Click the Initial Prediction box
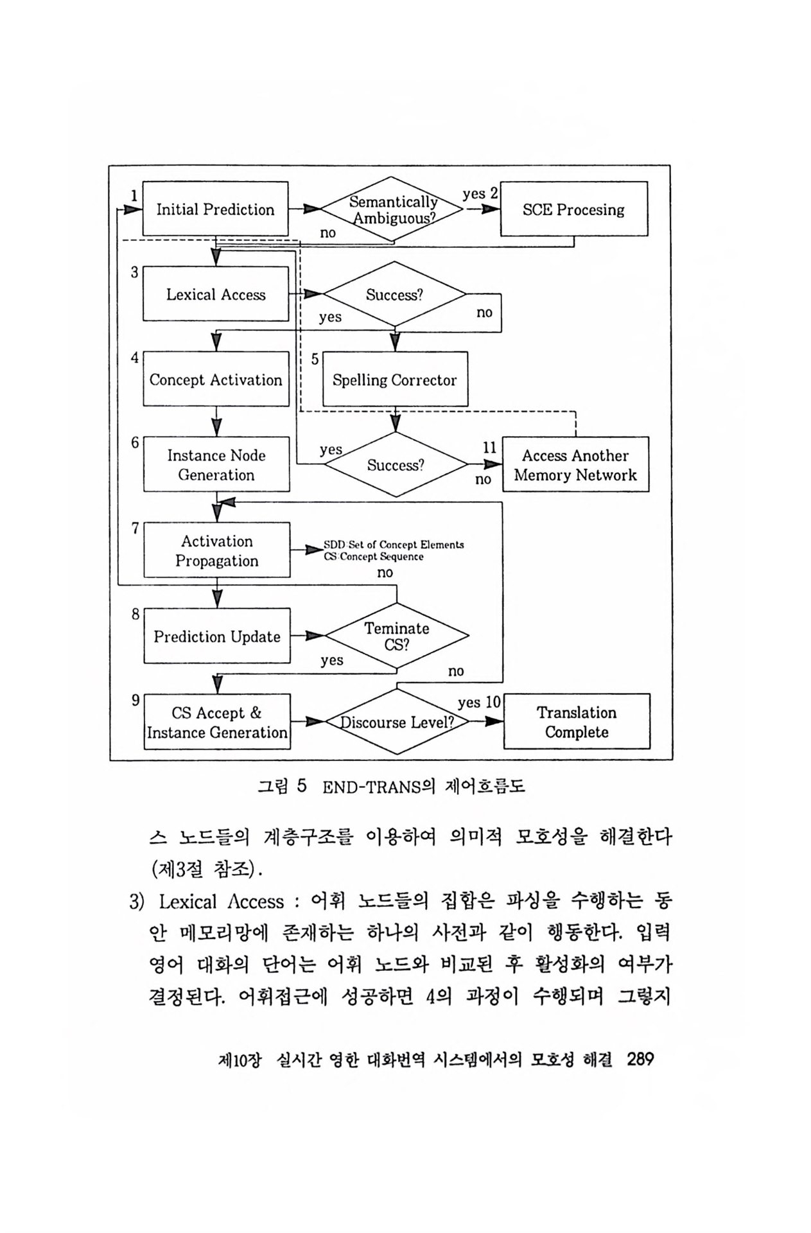click(215, 209)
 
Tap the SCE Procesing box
click(573, 209)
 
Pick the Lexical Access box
click(216, 294)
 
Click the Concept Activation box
click(216, 380)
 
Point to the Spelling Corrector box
click(394, 380)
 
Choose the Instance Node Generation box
click(216, 465)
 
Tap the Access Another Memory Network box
click(575, 465)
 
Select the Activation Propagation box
click(216, 550)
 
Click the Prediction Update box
click(216, 636)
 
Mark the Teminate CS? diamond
click(397, 636)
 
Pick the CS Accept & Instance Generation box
click(217, 722)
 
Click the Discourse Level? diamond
click(397, 722)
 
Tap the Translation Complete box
click(577, 722)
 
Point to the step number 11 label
click(490, 448)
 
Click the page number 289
click(640, 1059)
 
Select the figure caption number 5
click(302, 786)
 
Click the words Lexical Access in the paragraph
click(221, 902)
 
